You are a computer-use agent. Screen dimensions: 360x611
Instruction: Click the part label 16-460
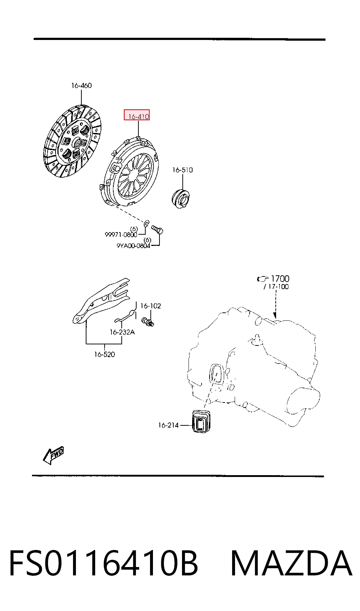click(x=81, y=86)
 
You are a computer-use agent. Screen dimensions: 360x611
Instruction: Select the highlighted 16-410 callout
click(x=137, y=115)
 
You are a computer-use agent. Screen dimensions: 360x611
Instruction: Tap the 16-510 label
click(x=182, y=170)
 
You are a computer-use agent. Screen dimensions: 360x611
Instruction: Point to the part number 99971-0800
click(x=121, y=235)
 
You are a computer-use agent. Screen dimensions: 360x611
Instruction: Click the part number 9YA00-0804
click(x=133, y=246)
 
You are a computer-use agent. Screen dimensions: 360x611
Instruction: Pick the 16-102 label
click(x=150, y=306)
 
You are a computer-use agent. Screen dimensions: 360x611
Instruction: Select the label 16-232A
click(x=122, y=332)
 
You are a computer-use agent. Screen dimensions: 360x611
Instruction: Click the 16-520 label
click(x=105, y=354)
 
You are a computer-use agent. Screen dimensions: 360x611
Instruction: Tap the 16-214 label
click(x=168, y=425)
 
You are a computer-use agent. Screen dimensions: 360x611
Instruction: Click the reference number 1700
click(x=280, y=279)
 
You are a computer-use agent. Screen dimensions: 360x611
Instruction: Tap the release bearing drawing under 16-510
click(x=181, y=198)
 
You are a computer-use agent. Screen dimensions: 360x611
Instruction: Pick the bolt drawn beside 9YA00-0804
click(x=157, y=229)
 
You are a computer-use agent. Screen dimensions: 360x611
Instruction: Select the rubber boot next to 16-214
click(x=202, y=421)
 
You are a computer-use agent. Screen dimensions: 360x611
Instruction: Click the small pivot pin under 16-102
click(x=148, y=321)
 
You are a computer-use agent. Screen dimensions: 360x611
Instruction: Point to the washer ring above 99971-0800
click(x=146, y=223)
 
